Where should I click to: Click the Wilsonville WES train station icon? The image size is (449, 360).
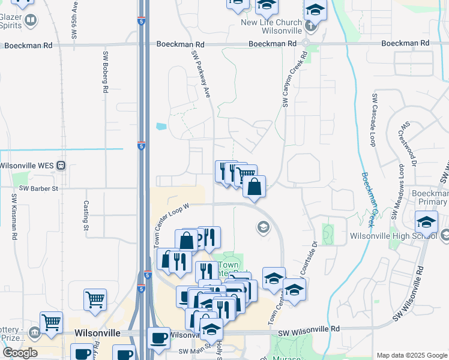tap(61, 166)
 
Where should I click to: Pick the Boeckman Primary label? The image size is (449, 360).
tap(430, 197)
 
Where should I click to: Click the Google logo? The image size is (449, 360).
tap(20, 353)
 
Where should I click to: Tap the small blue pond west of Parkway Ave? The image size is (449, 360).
tap(160, 127)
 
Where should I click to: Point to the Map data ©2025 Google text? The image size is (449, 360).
tap(411, 355)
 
